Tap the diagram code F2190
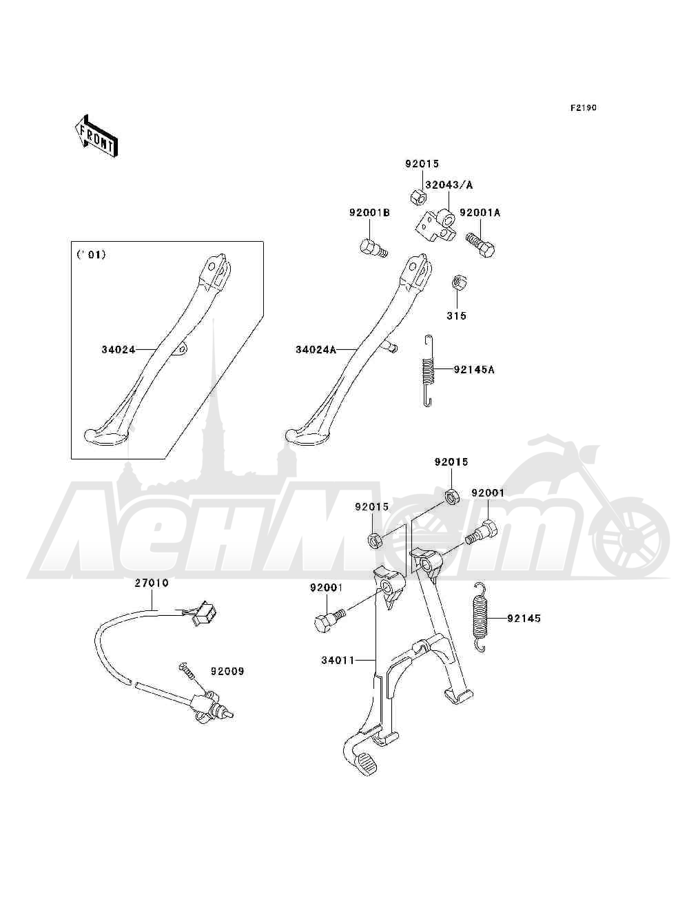[583, 107]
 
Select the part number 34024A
[316, 349]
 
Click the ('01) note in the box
[91, 255]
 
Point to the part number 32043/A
[449, 185]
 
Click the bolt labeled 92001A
[480, 245]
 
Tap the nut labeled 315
[457, 283]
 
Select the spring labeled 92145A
[428, 371]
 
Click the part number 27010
[152, 583]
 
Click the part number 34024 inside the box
[119, 349]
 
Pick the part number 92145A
[474, 370]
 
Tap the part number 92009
[227, 671]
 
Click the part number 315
[457, 315]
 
